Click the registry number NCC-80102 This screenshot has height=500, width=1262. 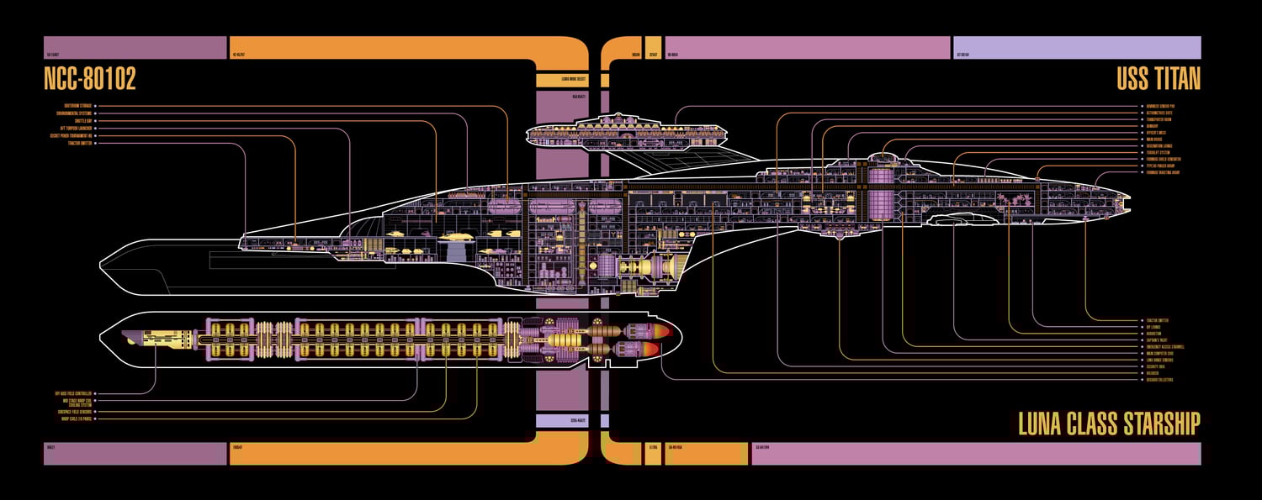(89, 79)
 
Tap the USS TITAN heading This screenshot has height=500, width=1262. (1158, 79)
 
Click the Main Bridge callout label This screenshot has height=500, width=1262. (1154, 139)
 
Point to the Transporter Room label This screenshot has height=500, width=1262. (1159, 119)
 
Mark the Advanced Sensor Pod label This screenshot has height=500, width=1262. (1160, 106)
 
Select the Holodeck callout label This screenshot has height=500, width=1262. (1152, 373)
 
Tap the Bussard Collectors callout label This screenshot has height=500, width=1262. (1159, 380)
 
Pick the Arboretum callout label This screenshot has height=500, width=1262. (1153, 334)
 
